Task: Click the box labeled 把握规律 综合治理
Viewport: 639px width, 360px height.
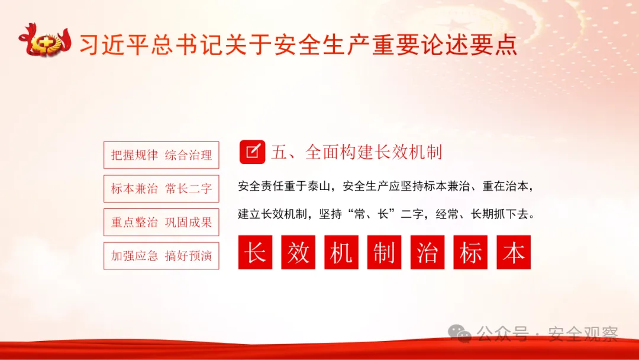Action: [x=161, y=156]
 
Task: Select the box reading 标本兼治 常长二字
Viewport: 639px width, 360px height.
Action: [x=161, y=189]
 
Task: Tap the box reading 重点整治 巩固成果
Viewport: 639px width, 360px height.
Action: [x=161, y=223]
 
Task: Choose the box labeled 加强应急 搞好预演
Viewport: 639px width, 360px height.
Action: [x=161, y=256]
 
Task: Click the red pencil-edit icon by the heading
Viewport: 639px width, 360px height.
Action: [x=252, y=152]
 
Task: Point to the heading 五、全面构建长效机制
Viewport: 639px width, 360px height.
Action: [x=356, y=152]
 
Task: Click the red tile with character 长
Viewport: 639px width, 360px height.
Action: [x=256, y=252]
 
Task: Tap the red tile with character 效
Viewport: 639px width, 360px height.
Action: [x=298, y=252]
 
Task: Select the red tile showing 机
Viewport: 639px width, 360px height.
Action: [x=341, y=252]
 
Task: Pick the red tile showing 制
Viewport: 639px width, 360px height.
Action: [x=384, y=252]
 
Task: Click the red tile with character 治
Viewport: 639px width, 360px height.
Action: [x=427, y=252]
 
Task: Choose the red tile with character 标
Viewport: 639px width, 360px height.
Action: [x=470, y=252]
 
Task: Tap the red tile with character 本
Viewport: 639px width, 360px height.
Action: [x=514, y=252]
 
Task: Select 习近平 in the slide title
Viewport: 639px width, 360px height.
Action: [x=114, y=44]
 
